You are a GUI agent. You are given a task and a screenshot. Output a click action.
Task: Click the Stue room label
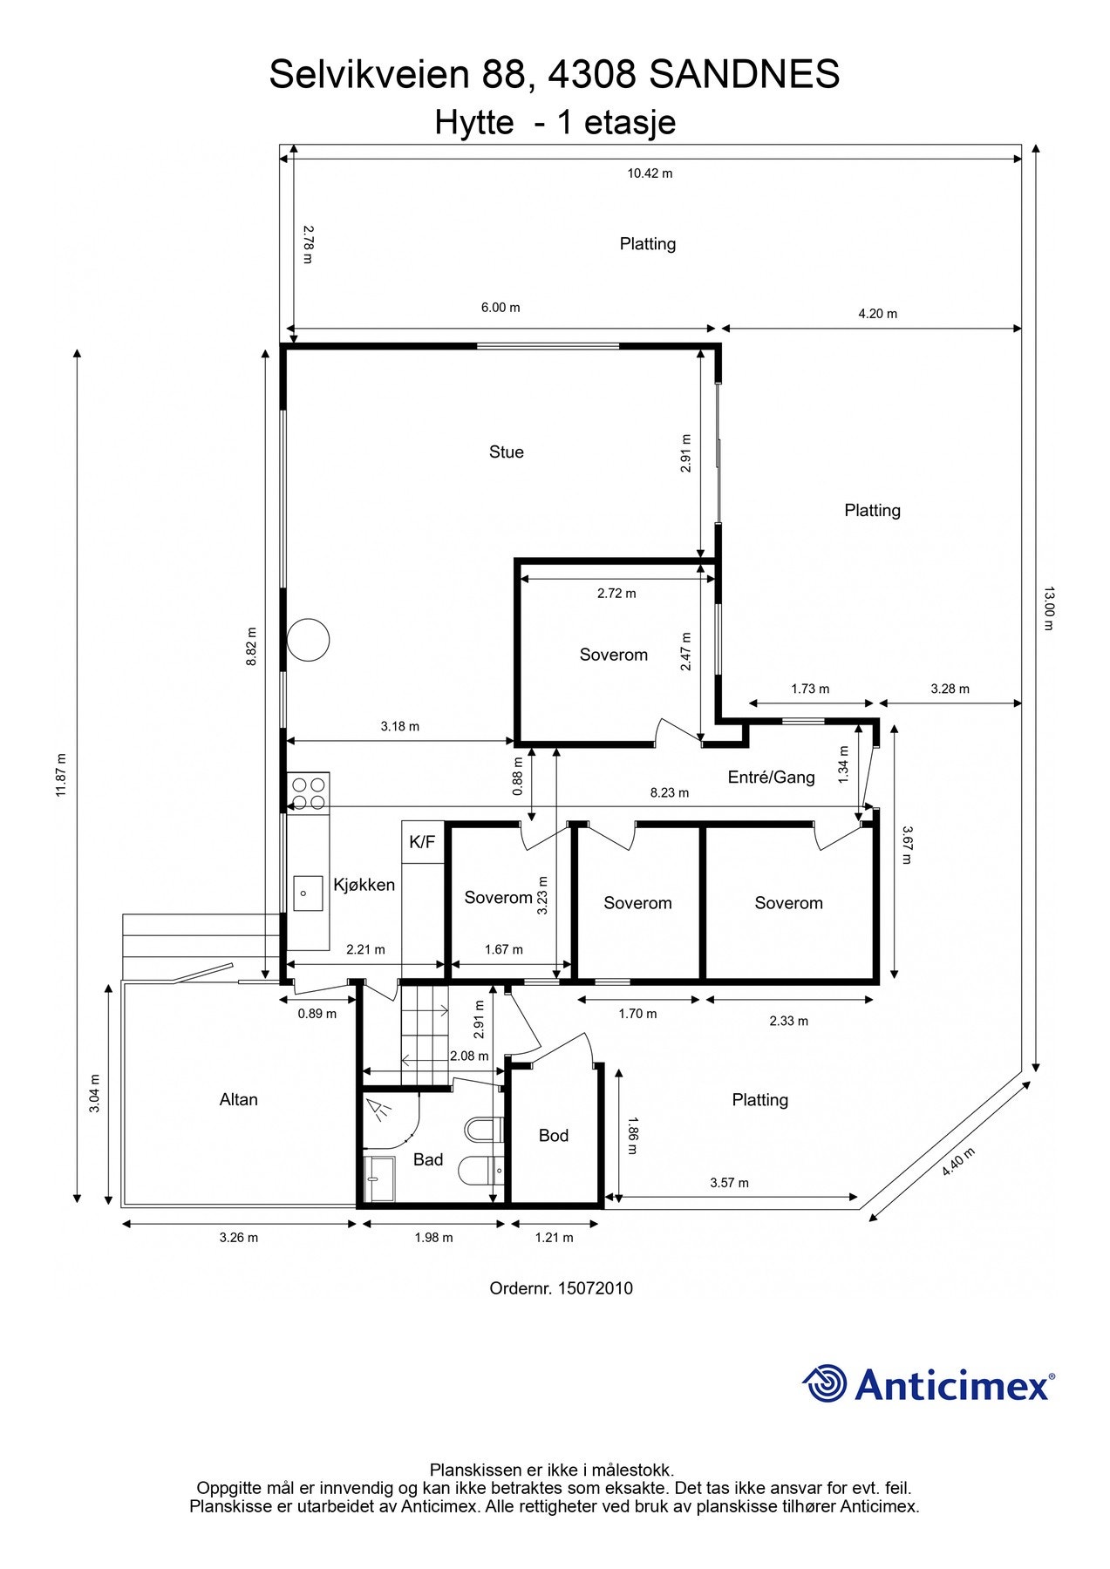506,452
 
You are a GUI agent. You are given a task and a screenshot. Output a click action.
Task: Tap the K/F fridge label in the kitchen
422,842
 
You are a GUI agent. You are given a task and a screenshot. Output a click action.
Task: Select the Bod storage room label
554,1135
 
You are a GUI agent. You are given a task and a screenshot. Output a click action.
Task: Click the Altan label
239,1099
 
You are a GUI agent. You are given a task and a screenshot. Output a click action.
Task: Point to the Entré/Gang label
771,777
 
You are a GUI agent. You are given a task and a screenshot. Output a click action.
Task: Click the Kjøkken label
364,885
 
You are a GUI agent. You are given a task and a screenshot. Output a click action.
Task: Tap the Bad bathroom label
428,1159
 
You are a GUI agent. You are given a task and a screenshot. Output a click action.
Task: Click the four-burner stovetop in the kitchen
309,792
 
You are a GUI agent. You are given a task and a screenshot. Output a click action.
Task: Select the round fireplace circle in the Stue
309,640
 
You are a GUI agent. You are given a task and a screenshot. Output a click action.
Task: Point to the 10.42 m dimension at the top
650,173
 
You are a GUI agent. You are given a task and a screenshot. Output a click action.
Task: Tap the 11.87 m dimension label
60,775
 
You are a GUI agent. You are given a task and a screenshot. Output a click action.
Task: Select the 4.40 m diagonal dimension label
958,1162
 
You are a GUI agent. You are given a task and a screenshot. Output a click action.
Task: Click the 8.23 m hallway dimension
670,792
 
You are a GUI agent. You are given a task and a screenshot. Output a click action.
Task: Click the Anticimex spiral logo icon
825,1383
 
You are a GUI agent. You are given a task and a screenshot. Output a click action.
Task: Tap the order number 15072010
596,1287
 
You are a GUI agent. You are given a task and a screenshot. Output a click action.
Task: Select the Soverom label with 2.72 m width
614,655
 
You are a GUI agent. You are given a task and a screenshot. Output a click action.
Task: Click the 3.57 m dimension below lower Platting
729,1183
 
